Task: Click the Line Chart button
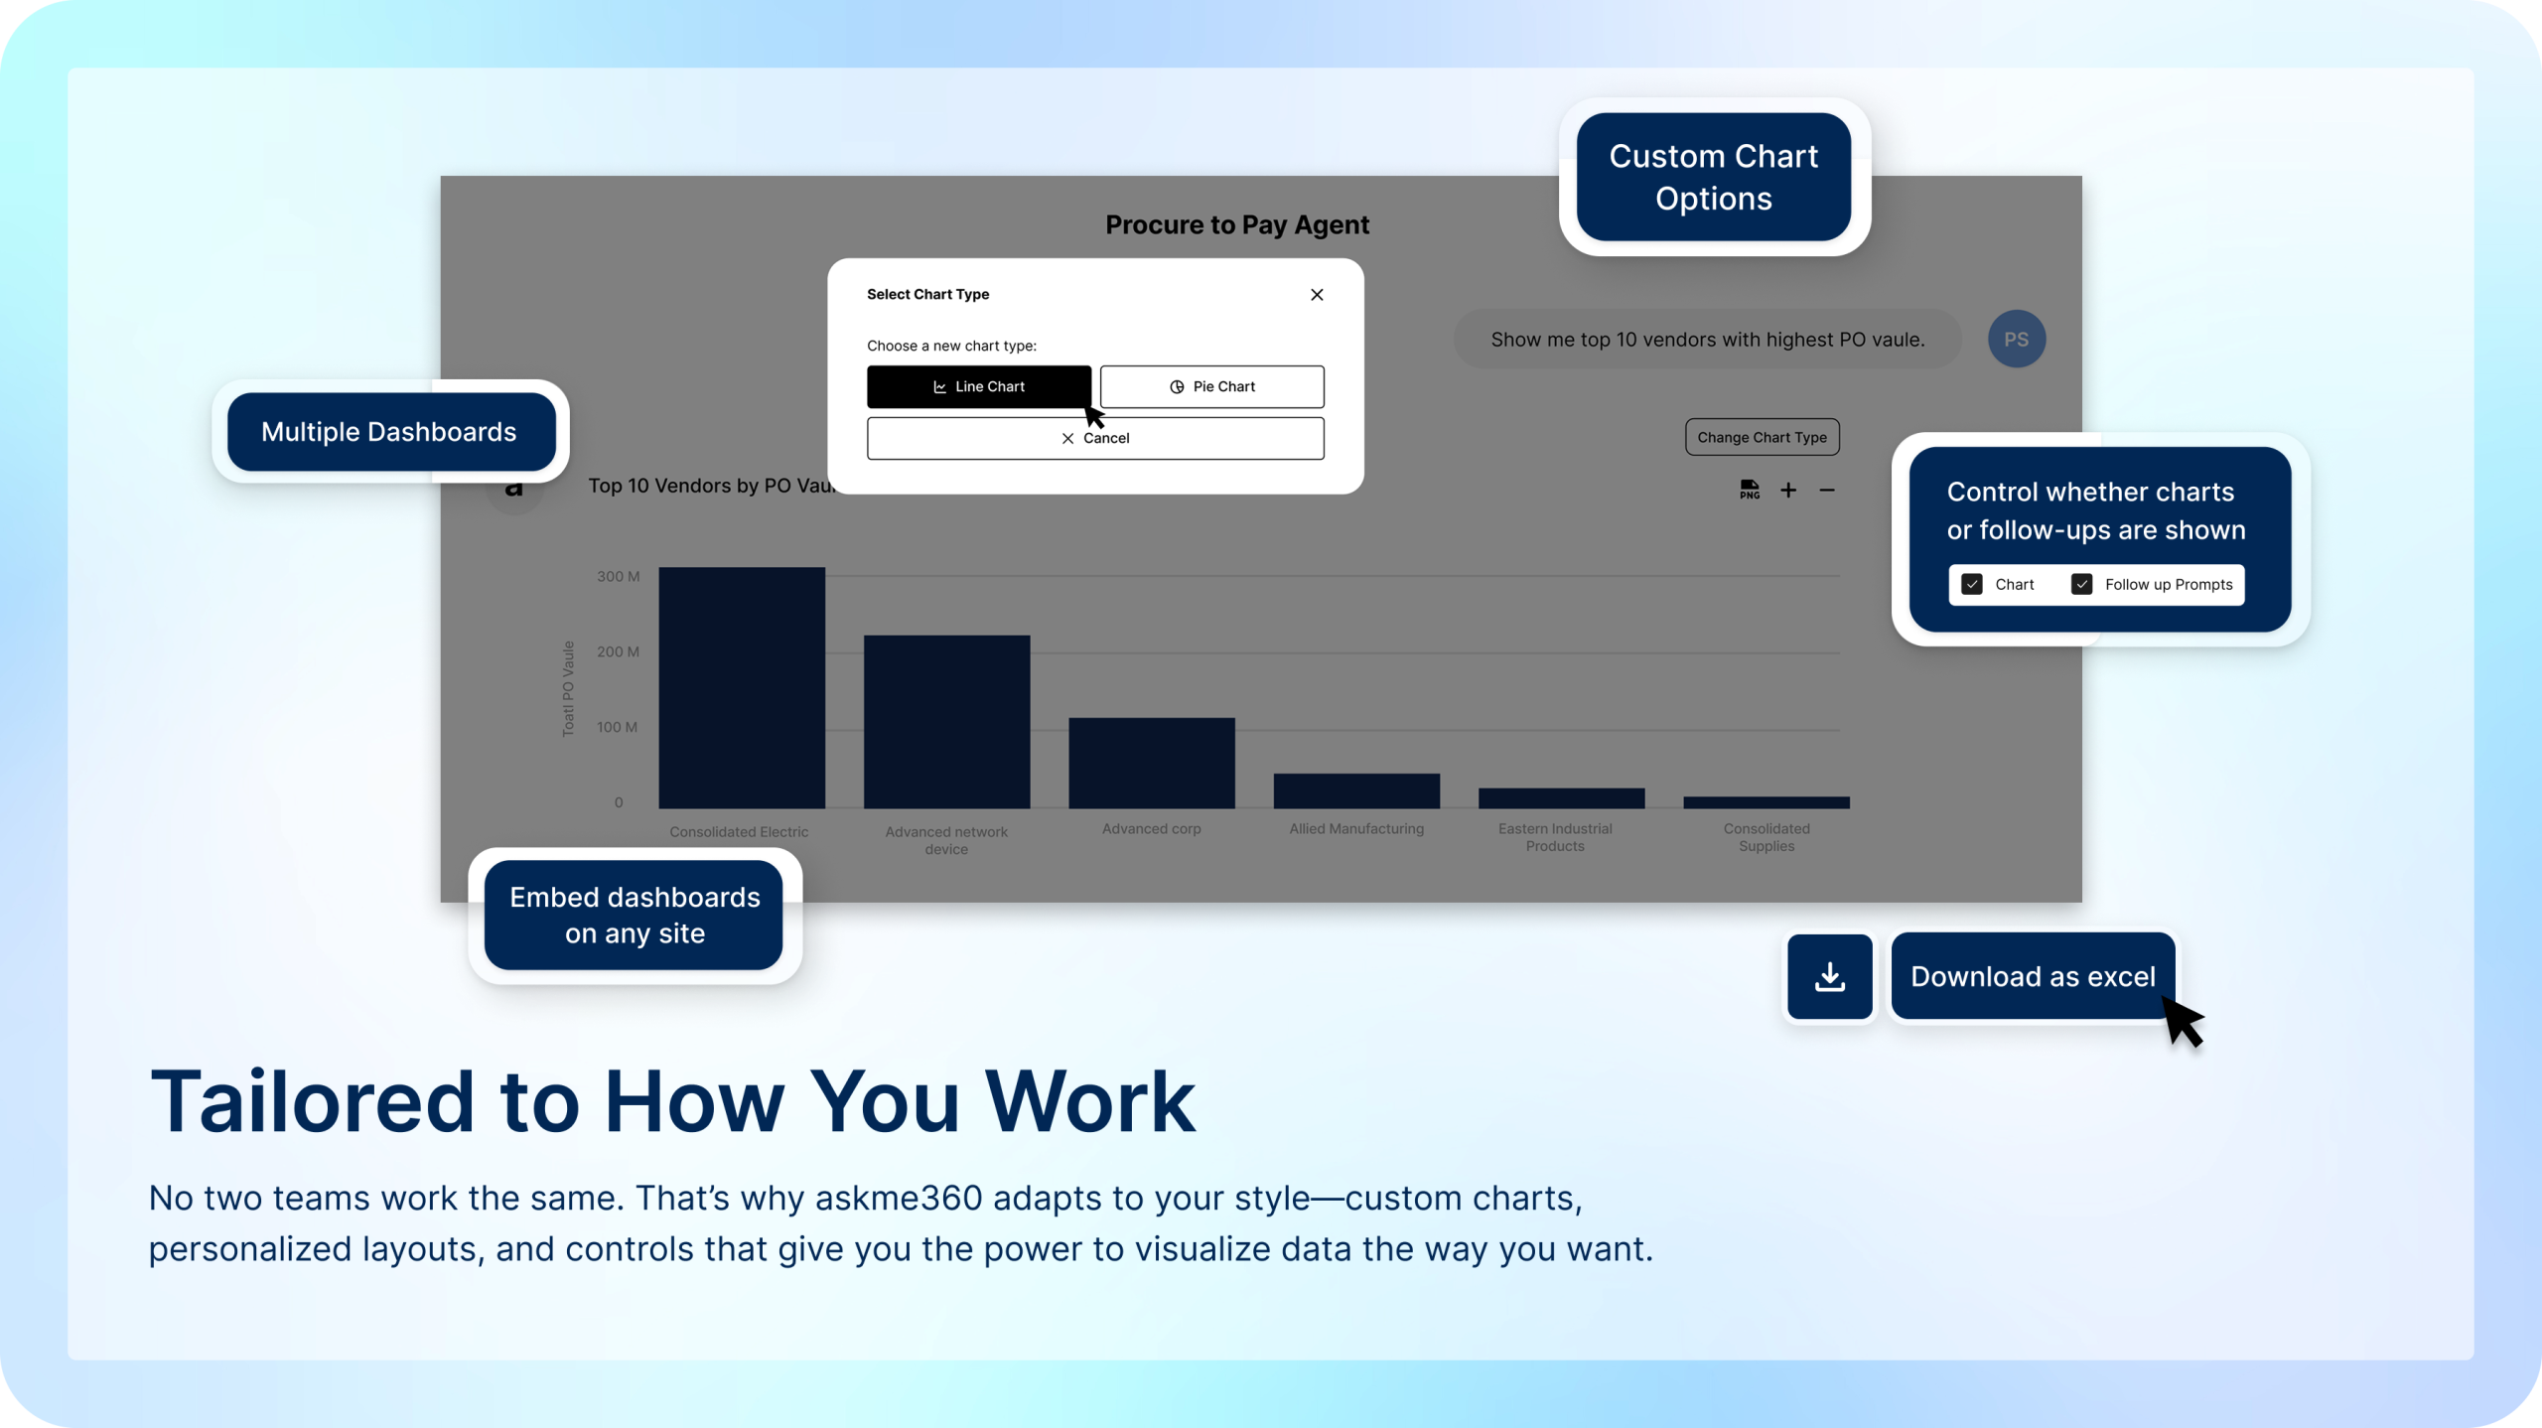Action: pos(978,386)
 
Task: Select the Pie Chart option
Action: pos(1211,386)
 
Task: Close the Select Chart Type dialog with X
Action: pos(1317,294)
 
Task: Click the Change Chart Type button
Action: pos(1762,437)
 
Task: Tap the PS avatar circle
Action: pos(2016,339)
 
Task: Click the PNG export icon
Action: pos(1750,490)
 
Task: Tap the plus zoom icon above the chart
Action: pos(1788,490)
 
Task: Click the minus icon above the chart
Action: pos(1827,490)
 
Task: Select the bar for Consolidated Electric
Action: pos(742,687)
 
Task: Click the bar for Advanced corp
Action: pos(1152,763)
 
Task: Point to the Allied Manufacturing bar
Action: pos(1356,790)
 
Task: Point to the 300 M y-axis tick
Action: pos(618,576)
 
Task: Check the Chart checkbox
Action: pos(1972,584)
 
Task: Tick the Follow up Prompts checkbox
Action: pos(2081,584)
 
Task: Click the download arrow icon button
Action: pos(1830,976)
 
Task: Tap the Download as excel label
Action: pos(2033,976)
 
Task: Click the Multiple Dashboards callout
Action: pos(390,431)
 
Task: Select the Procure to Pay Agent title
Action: pos(1237,224)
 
